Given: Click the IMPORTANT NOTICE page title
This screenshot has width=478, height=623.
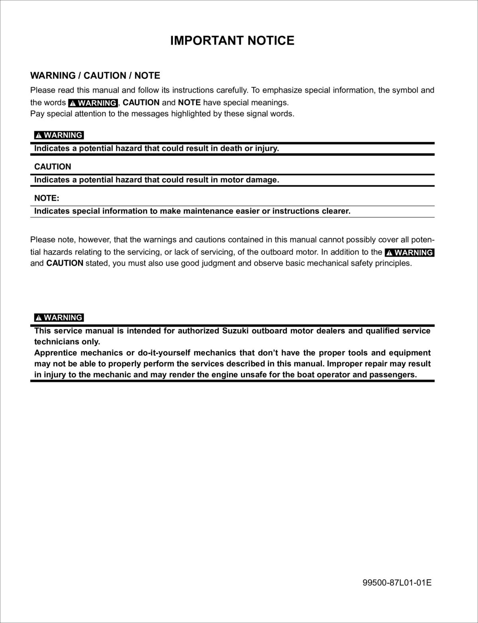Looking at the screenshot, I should (232, 41).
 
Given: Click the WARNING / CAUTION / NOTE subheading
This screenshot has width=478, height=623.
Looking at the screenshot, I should (95, 76).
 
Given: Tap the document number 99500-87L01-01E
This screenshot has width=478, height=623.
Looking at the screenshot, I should (397, 583).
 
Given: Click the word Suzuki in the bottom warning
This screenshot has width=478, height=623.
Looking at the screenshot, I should (235, 331).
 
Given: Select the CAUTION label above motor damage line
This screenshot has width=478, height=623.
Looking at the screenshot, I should (53, 167).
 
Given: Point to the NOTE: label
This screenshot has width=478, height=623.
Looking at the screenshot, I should (47, 198).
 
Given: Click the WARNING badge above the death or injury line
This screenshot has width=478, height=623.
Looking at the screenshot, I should (59, 135).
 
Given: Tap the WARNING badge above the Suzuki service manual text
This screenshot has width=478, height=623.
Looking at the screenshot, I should (59, 318).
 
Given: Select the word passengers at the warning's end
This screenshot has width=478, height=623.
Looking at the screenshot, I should (392, 375).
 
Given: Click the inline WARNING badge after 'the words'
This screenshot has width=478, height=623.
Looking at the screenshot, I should (93, 103).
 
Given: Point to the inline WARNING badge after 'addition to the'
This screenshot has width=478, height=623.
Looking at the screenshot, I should (409, 252).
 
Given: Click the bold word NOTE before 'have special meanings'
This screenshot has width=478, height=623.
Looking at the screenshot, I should (189, 102).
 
